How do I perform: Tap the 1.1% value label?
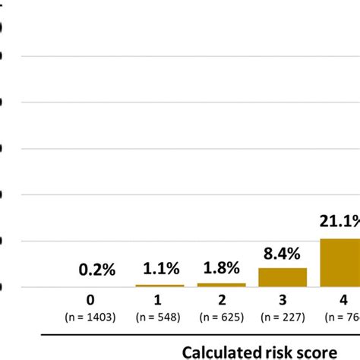coord(159,268)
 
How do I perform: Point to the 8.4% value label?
coord(283,251)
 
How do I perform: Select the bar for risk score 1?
coord(159,286)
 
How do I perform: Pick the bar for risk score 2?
coord(221,285)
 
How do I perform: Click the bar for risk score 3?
coord(283,277)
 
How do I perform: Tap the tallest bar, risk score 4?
coord(340,263)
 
